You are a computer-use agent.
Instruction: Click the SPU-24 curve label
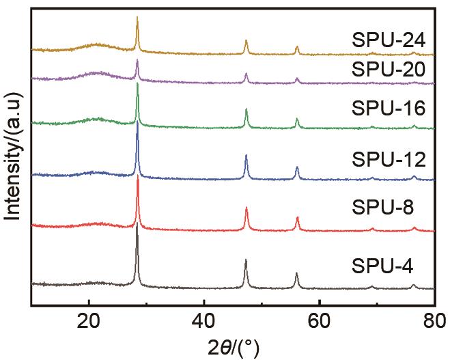[x=389, y=38]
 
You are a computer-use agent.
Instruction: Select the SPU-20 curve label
[x=389, y=69]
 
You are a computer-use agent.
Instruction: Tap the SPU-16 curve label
[x=389, y=109]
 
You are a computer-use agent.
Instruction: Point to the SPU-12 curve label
[x=389, y=160]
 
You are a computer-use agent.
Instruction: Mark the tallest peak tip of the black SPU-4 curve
[x=137, y=224]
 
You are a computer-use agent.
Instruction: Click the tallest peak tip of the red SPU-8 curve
[x=138, y=176]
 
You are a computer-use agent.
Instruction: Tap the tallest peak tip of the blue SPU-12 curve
[x=138, y=122]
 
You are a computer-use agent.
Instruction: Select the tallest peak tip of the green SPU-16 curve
[x=138, y=83]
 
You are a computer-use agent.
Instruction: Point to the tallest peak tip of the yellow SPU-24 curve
[x=138, y=18]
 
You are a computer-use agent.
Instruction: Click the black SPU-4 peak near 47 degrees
[x=246, y=260]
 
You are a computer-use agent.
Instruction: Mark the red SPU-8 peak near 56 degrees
[x=298, y=217]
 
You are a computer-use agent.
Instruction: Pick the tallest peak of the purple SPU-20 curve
[x=138, y=61]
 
